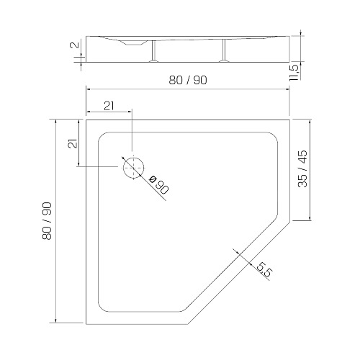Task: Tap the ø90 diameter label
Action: [158, 185]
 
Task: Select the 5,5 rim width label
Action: [265, 269]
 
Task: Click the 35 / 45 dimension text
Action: [302, 168]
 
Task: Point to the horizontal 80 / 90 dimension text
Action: [188, 80]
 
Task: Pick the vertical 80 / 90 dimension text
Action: [47, 221]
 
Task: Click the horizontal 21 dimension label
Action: [109, 106]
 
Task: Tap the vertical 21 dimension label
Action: [73, 143]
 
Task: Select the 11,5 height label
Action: [294, 73]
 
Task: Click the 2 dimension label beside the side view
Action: [75, 45]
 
